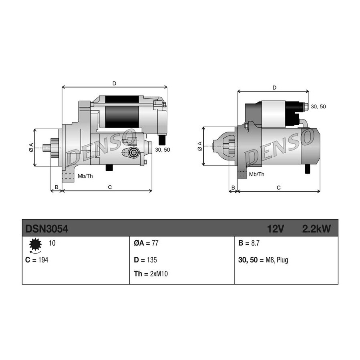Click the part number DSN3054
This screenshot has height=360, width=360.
(47, 229)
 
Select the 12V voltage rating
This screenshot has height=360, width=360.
(276, 229)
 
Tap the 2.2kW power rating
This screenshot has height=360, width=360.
(317, 229)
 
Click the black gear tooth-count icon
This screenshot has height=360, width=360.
(35, 244)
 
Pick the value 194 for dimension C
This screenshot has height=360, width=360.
(43, 260)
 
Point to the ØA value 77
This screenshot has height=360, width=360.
(155, 243)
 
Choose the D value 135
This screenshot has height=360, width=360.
(152, 260)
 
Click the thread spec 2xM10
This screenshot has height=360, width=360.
(159, 274)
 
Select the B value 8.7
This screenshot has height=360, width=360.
(255, 243)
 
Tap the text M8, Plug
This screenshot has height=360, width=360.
(277, 260)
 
